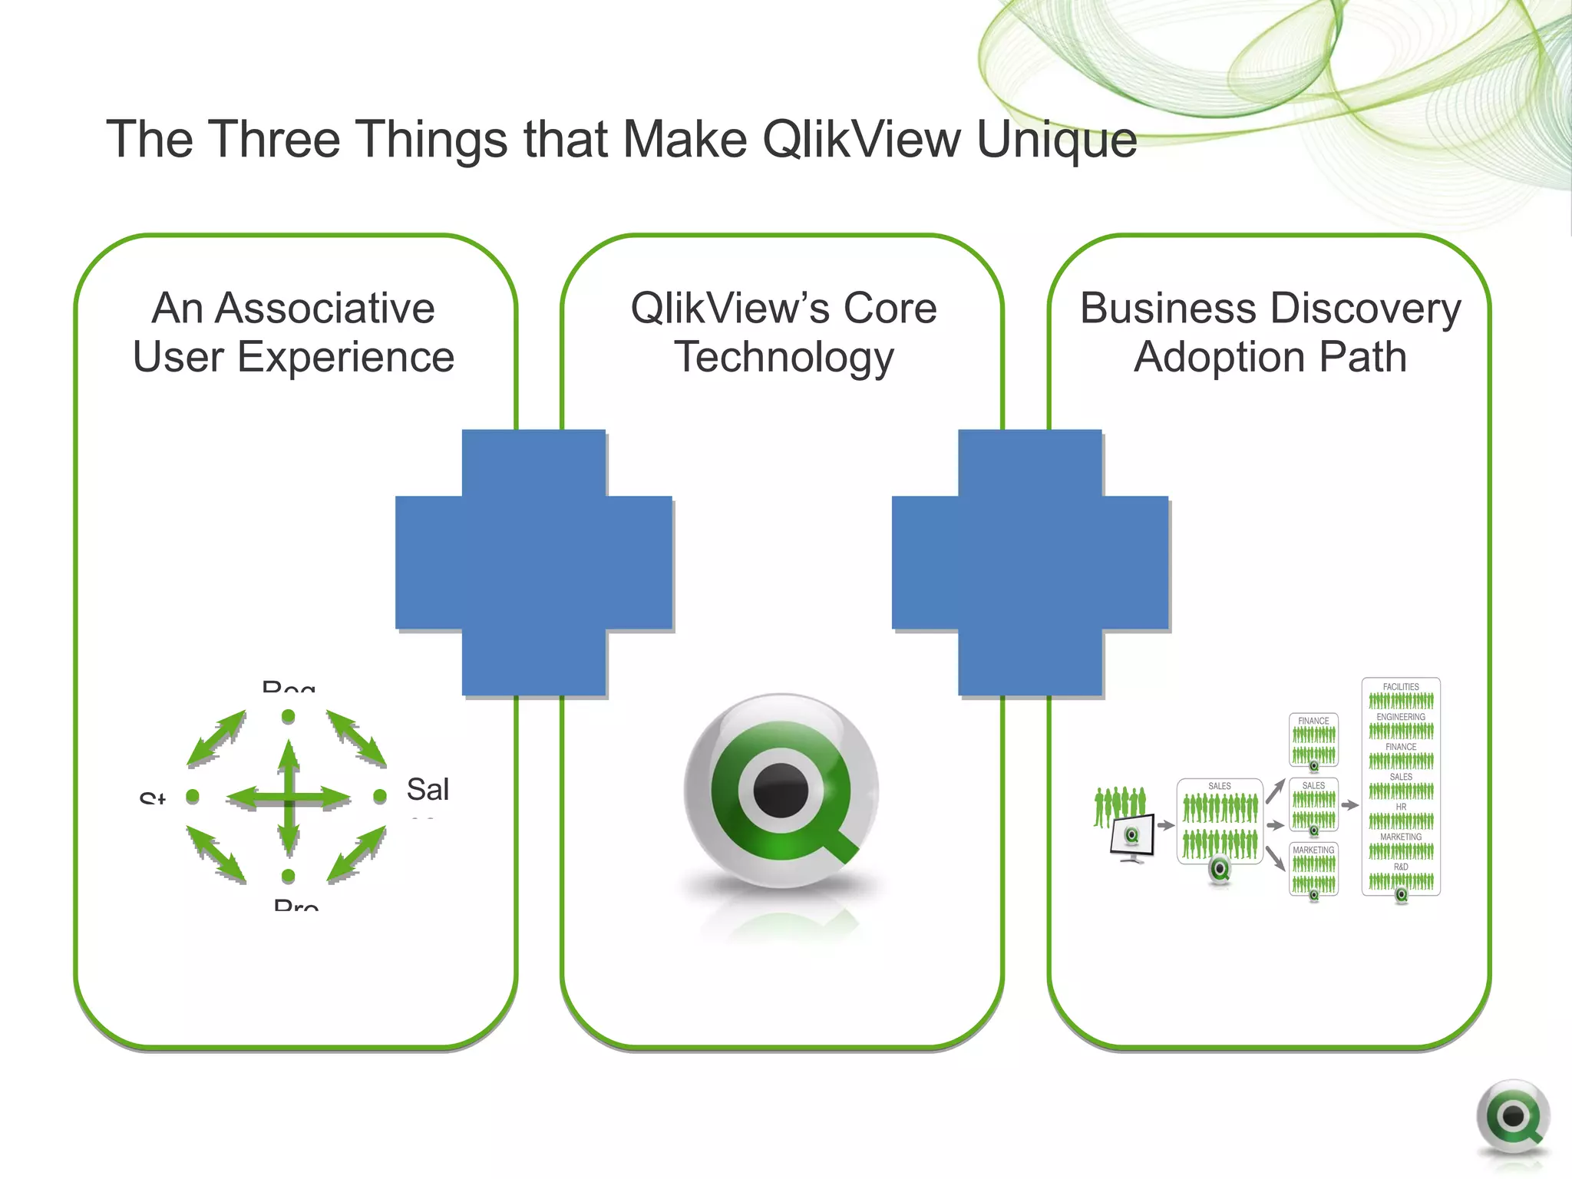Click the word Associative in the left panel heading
[x=325, y=309]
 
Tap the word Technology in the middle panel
[x=784, y=358]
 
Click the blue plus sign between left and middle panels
[x=534, y=563]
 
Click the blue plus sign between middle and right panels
[x=1030, y=563]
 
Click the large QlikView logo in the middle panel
[x=781, y=791]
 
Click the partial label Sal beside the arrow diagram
[x=428, y=789]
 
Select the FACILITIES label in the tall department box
[x=1401, y=687]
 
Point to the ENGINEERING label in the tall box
[x=1401, y=717]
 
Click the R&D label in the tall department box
[x=1401, y=867]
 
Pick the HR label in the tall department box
[x=1401, y=807]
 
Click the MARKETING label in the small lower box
[x=1313, y=850]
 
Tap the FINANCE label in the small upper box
[x=1313, y=721]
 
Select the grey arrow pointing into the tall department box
[x=1350, y=805]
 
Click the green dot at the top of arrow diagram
[x=289, y=716]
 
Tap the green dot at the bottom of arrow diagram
[x=289, y=876]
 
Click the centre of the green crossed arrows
[x=289, y=798]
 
